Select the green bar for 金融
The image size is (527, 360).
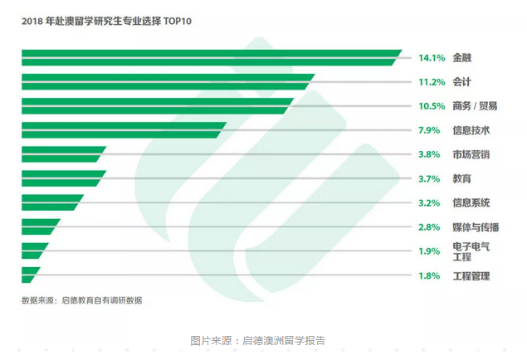click(207, 57)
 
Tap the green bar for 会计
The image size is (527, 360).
click(166, 81)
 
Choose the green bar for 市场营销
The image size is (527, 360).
click(61, 153)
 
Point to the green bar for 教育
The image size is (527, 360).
click(61, 178)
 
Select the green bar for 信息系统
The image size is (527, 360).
click(51, 202)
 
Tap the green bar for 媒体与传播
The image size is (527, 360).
click(40, 226)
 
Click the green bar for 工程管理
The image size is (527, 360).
click(31, 274)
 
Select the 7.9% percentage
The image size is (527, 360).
click(429, 130)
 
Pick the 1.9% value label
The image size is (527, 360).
click(429, 251)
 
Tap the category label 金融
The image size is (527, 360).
click(462, 58)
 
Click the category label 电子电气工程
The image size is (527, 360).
click(471, 251)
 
